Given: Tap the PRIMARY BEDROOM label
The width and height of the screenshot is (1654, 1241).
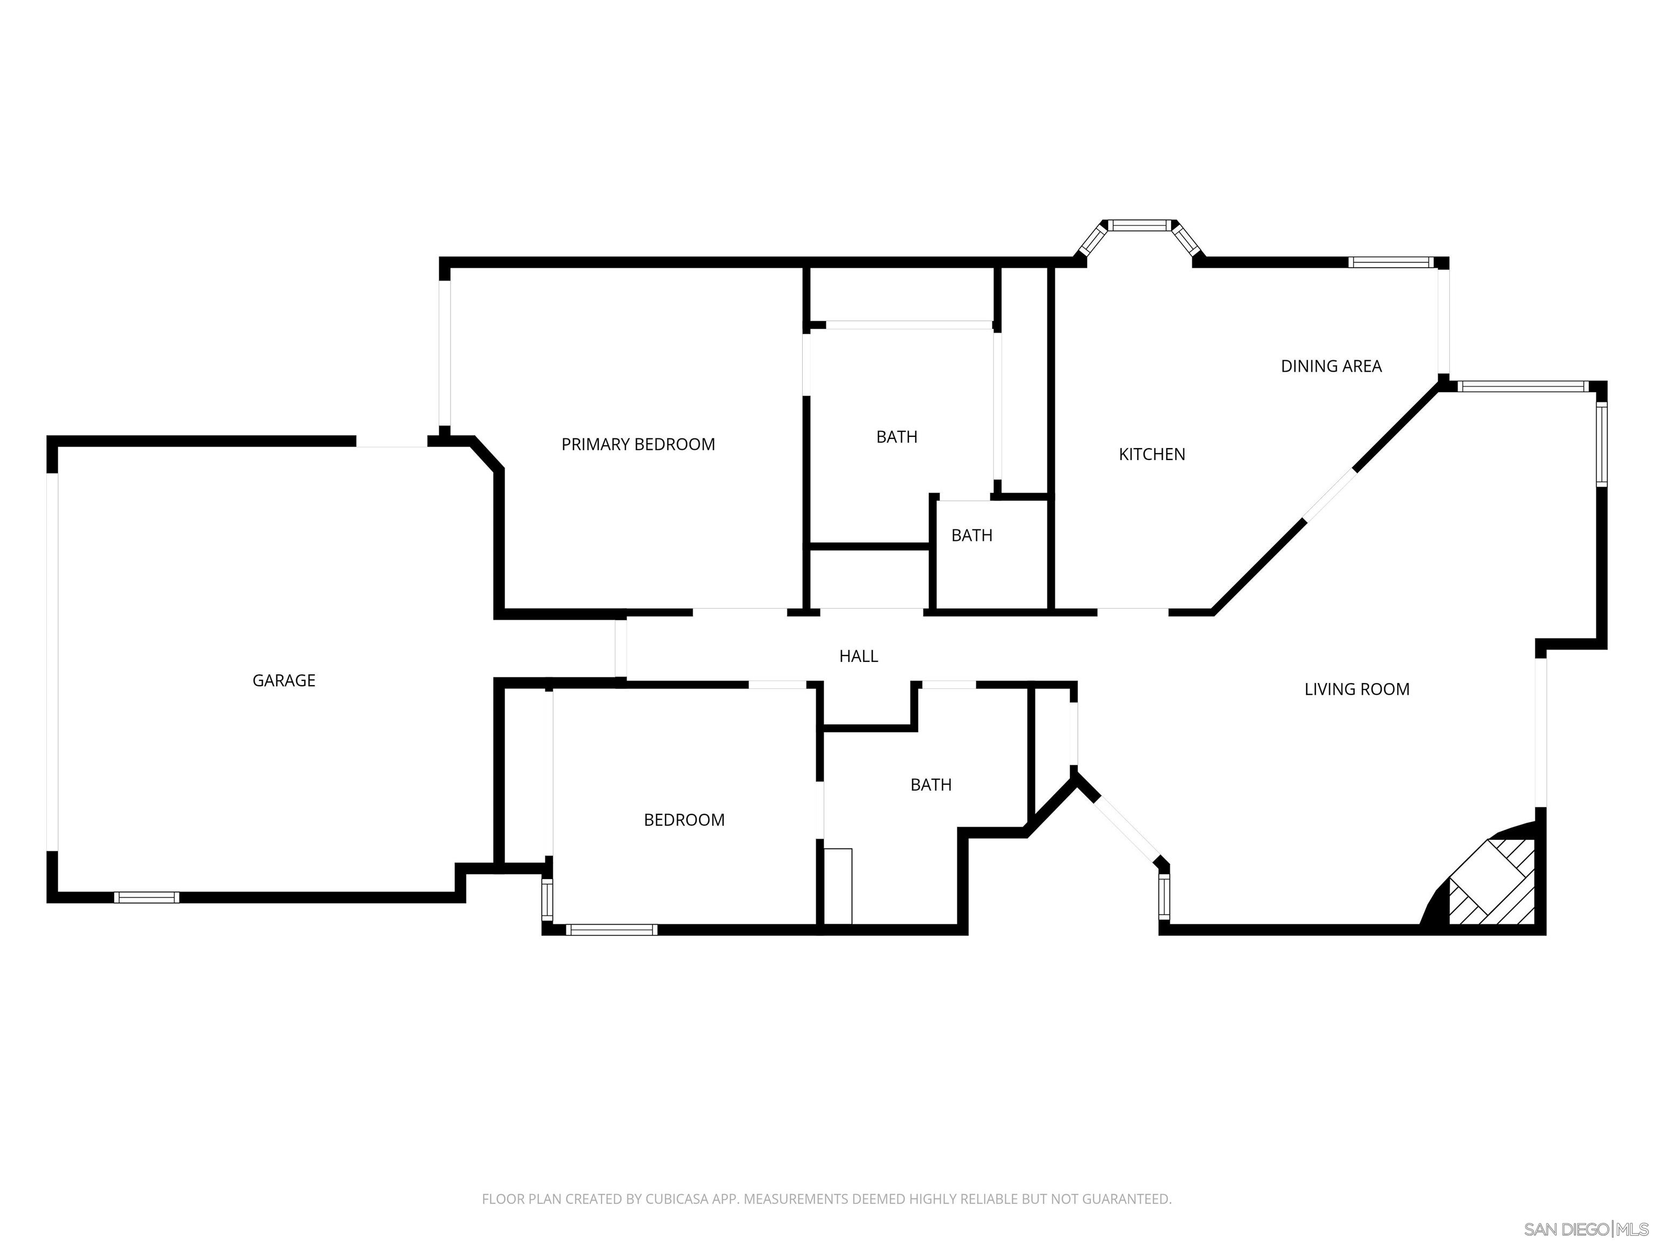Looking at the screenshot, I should click(638, 444).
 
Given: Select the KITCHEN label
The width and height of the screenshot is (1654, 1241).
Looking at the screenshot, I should click(1152, 454).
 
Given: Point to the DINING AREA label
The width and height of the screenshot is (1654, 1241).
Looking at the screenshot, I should click(1331, 366).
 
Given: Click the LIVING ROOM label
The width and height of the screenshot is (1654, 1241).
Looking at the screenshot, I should click(1356, 689).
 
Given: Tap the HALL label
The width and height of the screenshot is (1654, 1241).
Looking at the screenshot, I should click(858, 656).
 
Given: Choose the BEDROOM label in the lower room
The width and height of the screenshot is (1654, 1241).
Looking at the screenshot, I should click(683, 820).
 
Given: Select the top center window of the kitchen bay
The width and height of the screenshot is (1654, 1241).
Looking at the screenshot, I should click(1138, 225).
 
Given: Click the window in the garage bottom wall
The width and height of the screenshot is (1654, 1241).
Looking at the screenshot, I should click(146, 898).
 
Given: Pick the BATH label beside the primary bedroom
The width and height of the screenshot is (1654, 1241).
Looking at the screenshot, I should click(896, 437).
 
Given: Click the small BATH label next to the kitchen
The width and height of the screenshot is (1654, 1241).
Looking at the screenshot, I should click(971, 535).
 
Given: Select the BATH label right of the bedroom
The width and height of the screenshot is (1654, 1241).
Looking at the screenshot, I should click(930, 785).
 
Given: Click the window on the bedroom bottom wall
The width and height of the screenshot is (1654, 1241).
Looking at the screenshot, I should click(612, 930).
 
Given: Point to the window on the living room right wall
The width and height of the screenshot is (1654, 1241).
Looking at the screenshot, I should click(1601, 444).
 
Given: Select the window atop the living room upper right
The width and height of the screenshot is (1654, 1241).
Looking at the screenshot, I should click(1523, 387).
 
